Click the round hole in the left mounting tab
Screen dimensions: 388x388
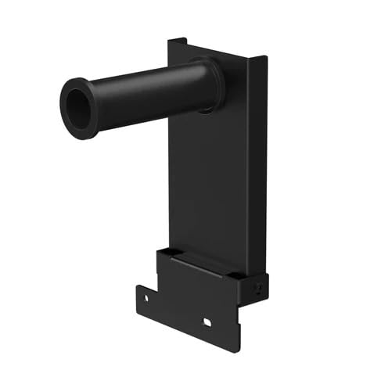145,297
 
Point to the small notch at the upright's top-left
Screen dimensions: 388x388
178,41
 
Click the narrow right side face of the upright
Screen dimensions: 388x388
257,156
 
